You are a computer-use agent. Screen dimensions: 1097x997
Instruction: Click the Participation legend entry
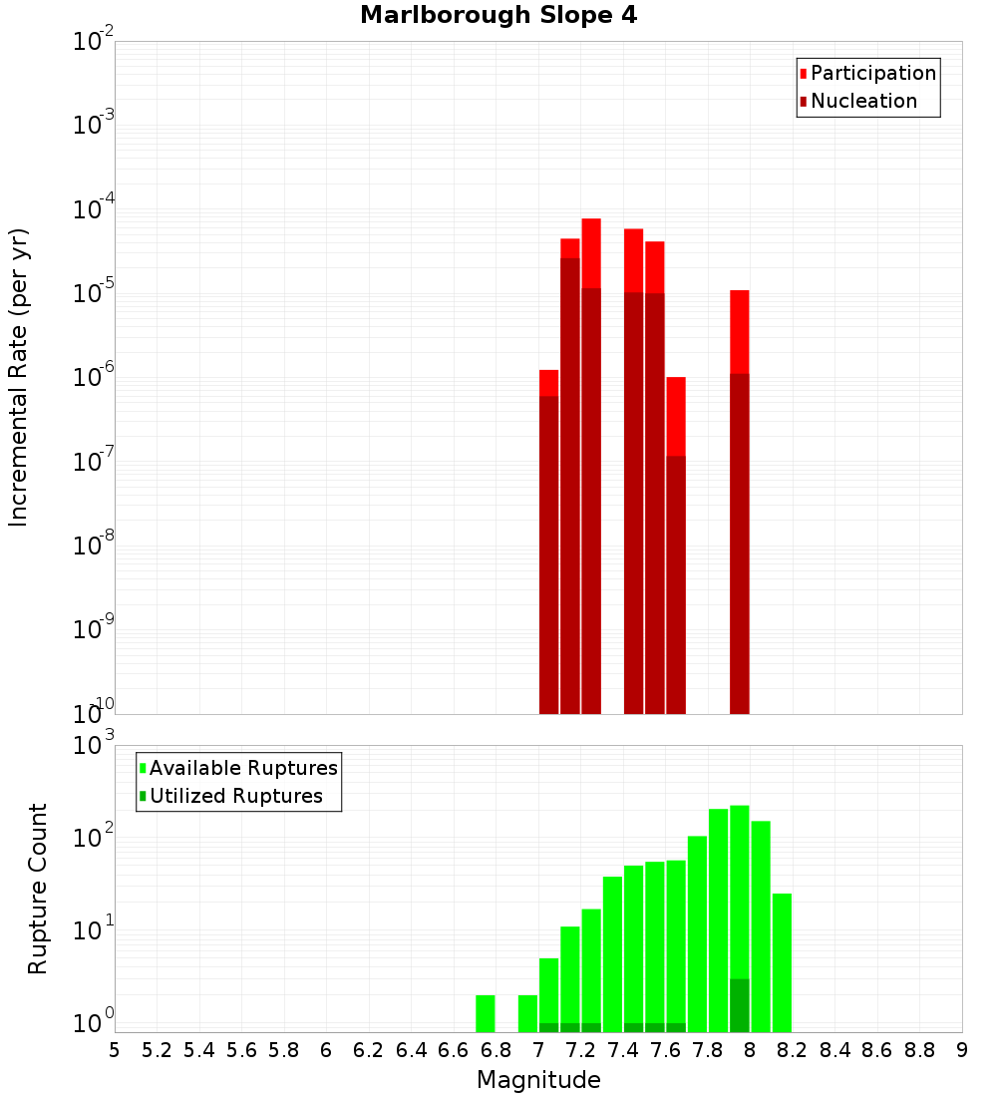click(x=872, y=73)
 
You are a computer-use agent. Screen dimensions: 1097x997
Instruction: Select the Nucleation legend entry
click(x=862, y=101)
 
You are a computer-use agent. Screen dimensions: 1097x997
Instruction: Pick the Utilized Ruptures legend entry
click(x=235, y=796)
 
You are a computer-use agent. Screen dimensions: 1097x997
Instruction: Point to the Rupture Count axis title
click(x=38, y=888)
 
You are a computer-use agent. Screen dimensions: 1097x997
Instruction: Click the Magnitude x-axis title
click(x=538, y=1080)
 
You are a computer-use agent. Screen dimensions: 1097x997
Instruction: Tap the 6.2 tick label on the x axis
click(x=369, y=1050)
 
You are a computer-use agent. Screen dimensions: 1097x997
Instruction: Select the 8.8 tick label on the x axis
click(x=919, y=1050)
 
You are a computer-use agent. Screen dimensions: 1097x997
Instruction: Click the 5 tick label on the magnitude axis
click(x=115, y=1050)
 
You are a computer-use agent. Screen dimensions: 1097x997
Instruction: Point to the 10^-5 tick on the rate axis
click(x=94, y=293)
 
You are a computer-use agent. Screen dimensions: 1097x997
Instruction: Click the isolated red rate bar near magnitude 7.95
click(x=739, y=499)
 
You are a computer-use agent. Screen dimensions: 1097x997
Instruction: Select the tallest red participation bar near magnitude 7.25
click(x=591, y=459)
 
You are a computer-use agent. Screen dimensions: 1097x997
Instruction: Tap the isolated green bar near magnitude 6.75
click(x=486, y=1013)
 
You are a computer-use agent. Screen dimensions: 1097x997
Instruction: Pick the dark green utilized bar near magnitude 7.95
click(x=739, y=1005)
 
